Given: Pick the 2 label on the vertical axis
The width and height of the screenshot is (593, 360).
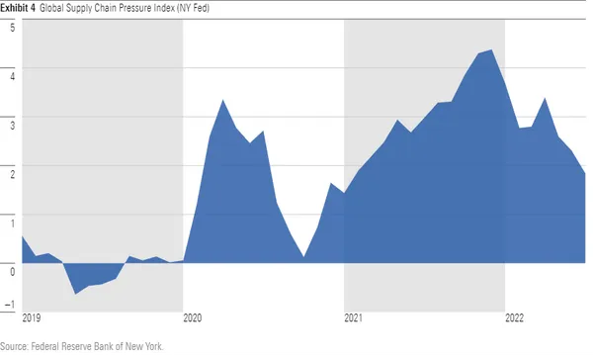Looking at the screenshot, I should tap(11, 170).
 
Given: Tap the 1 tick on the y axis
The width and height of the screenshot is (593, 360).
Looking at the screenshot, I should tap(11, 219).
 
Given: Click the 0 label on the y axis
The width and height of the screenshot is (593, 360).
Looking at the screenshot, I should tap(11, 267).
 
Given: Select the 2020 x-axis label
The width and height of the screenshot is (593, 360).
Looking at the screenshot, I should tap(193, 318).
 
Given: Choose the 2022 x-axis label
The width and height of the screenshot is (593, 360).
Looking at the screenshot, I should tap(515, 318).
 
